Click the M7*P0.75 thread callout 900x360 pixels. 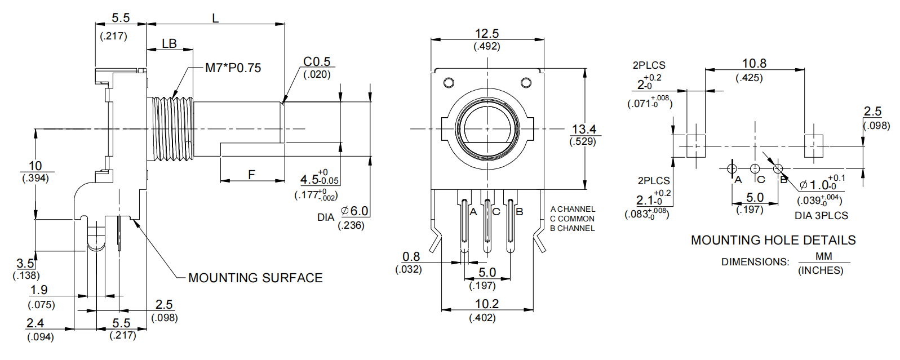233,68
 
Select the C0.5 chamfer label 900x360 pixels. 317,61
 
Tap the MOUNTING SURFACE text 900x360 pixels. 255,278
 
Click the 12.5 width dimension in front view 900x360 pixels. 486,34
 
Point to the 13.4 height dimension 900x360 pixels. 584,130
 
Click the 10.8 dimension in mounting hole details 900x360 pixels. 753,64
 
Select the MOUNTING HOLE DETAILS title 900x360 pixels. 773,240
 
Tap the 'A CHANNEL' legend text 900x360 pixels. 573,209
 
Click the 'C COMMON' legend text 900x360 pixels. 572,219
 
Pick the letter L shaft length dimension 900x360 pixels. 215,18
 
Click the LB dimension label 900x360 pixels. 169,43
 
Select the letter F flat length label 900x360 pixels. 251,175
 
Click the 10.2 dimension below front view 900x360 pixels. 486,304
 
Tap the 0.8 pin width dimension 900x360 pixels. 411,257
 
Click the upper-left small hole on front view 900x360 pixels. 449,83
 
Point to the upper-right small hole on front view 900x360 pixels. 526,83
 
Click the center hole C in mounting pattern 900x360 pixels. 755,168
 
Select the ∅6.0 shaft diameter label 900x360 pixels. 355,211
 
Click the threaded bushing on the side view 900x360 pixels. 171,129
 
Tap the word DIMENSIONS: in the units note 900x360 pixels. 755,262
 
